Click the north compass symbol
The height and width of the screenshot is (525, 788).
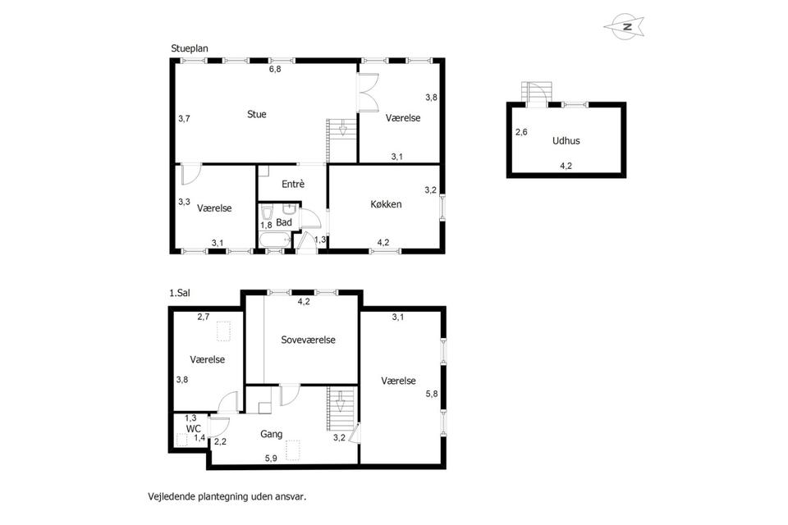point(624,26)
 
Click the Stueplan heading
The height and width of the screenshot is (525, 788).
point(190,48)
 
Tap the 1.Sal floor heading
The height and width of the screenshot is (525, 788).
point(180,293)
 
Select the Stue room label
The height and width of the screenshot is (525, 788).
point(257,114)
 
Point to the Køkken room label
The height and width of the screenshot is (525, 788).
point(386,204)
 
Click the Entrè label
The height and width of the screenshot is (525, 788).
point(293,184)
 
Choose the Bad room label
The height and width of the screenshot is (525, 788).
point(284,222)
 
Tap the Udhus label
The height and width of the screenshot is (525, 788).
point(566,140)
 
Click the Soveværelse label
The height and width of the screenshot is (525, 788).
point(308,340)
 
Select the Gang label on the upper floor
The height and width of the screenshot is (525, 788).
point(272,434)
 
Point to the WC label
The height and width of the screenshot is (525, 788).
point(194,429)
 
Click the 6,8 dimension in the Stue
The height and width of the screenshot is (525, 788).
point(275,70)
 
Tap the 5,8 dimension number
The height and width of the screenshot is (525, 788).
point(432,394)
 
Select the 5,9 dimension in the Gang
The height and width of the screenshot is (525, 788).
point(271,459)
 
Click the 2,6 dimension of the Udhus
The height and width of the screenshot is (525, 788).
point(522,132)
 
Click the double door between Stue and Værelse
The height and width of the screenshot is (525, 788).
point(367,92)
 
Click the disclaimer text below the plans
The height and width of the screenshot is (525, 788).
point(227,497)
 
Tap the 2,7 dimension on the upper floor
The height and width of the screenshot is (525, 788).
point(204,317)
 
